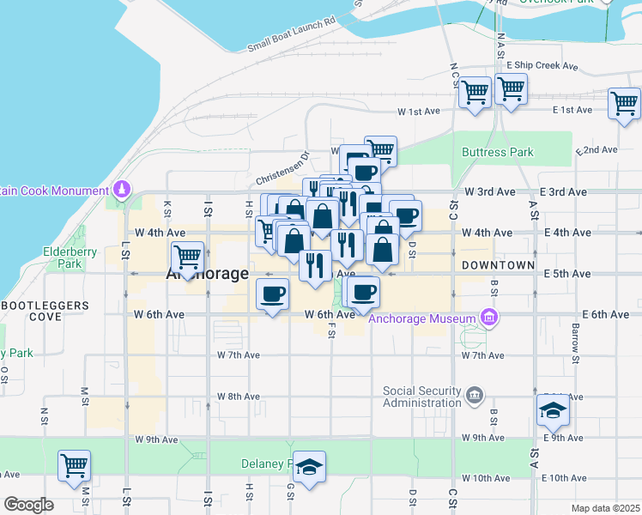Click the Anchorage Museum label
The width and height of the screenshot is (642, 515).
pos(420,321)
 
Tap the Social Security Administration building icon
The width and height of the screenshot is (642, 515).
pos(475,396)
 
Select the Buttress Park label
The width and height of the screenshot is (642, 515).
pos(498,153)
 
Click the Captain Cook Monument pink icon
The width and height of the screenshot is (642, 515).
pos(123,188)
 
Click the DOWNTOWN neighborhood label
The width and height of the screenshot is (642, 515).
pos(498,266)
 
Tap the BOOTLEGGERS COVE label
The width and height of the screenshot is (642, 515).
pos(45,311)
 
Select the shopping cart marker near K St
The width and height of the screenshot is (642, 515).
pos(187,255)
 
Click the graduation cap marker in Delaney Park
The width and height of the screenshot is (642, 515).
pos(309,466)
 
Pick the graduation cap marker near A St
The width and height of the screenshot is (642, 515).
pos(553,411)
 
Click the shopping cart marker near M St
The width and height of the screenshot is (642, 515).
pos(75,466)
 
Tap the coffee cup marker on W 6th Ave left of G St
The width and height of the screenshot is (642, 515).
pos(273,294)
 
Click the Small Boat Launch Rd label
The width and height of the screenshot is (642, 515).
pos(291,33)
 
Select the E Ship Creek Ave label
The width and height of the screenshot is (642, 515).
pos(538,65)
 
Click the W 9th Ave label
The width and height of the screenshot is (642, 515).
pos(156,439)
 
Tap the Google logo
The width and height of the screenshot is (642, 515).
pos(28,505)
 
